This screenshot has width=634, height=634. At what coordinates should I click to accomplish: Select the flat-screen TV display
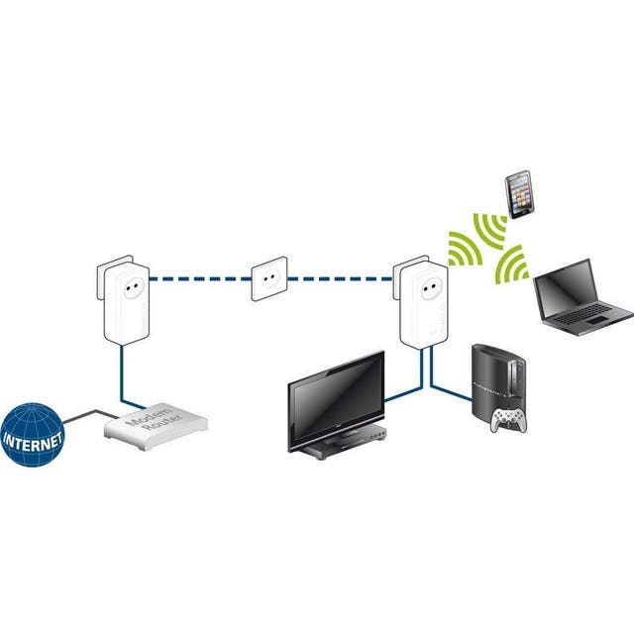point(335,393)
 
